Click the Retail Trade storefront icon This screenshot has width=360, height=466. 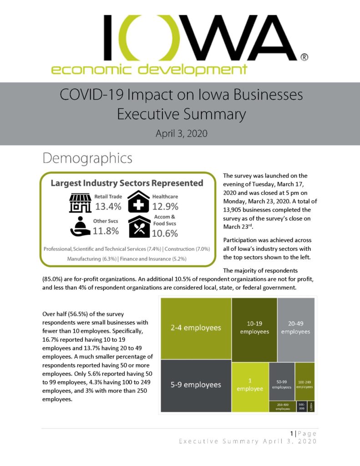(x=80, y=203)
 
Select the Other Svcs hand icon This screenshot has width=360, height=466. (x=80, y=226)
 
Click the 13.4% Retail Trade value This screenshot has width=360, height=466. (x=108, y=207)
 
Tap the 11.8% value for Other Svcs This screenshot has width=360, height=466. (x=106, y=231)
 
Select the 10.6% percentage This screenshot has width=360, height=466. (x=165, y=233)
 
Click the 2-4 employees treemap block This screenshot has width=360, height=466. (x=195, y=328)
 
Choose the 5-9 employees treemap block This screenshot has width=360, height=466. (x=195, y=385)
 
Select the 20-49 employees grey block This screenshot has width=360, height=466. (x=296, y=328)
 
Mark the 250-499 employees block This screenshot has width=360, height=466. (x=282, y=406)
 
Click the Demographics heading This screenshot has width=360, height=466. (x=87, y=158)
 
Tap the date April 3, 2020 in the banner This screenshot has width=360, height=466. (x=181, y=134)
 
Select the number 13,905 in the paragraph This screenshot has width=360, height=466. (x=236, y=210)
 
